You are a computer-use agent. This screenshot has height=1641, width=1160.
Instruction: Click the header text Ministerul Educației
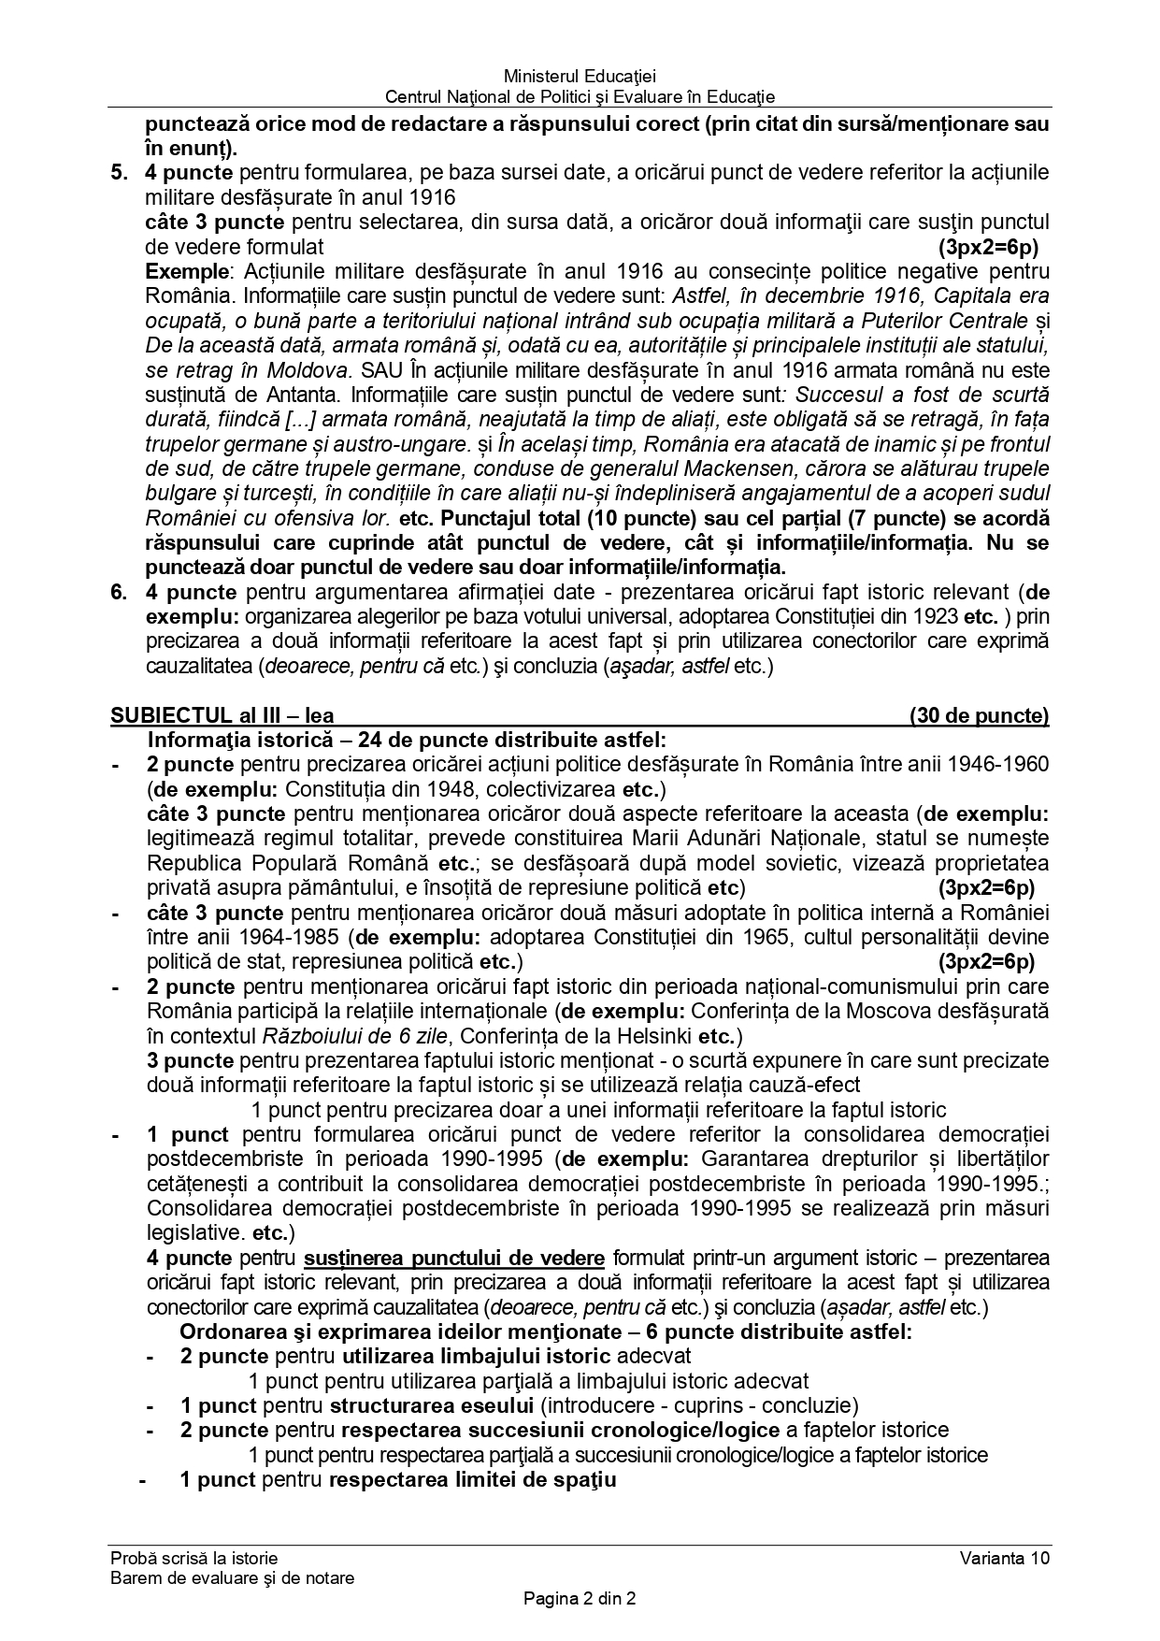(580, 76)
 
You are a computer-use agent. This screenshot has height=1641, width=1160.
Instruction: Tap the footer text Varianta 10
(1004, 1558)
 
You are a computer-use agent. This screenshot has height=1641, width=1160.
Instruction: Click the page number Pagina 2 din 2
(580, 1599)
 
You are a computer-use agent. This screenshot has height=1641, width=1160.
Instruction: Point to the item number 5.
(117, 172)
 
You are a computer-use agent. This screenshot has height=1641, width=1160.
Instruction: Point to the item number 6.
(117, 592)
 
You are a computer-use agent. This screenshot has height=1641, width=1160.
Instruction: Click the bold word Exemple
(187, 271)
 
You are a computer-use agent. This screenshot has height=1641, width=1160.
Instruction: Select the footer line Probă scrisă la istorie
(193, 1558)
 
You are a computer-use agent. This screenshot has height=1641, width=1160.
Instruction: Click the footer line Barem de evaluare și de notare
(232, 1578)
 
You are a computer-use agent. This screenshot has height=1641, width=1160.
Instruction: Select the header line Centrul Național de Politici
(580, 96)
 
